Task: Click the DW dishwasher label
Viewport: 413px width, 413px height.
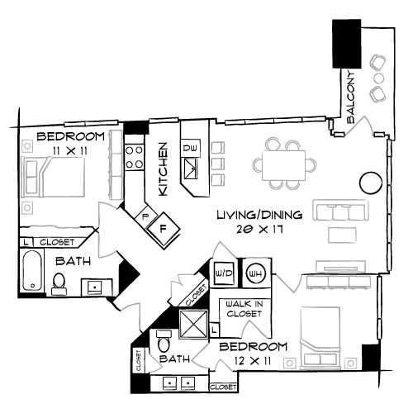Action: click(x=191, y=148)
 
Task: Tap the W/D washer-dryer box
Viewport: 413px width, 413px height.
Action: click(x=224, y=273)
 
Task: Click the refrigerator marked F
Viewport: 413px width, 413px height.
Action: click(x=163, y=229)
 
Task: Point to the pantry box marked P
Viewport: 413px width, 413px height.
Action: click(x=145, y=216)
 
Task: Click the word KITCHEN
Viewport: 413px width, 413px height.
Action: click(x=164, y=169)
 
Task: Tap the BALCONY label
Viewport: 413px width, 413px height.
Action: click(x=351, y=97)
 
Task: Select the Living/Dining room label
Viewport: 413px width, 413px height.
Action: click(x=259, y=215)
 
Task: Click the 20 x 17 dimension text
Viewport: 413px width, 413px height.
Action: click(x=259, y=230)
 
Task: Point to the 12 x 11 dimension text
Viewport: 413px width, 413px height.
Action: click(x=253, y=360)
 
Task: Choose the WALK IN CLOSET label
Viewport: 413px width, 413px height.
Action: click(x=244, y=309)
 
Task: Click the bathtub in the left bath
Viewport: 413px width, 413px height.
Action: click(x=32, y=270)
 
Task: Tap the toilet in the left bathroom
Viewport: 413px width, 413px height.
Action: click(x=59, y=284)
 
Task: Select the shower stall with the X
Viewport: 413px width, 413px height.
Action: click(x=193, y=323)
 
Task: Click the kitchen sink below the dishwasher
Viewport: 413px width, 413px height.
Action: click(x=191, y=169)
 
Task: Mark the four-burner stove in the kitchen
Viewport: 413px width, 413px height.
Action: click(x=135, y=157)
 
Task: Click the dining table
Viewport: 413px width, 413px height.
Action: click(x=284, y=165)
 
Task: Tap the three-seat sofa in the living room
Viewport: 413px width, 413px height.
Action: click(x=340, y=211)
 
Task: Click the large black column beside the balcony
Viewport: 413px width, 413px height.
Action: click(x=347, y=44)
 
